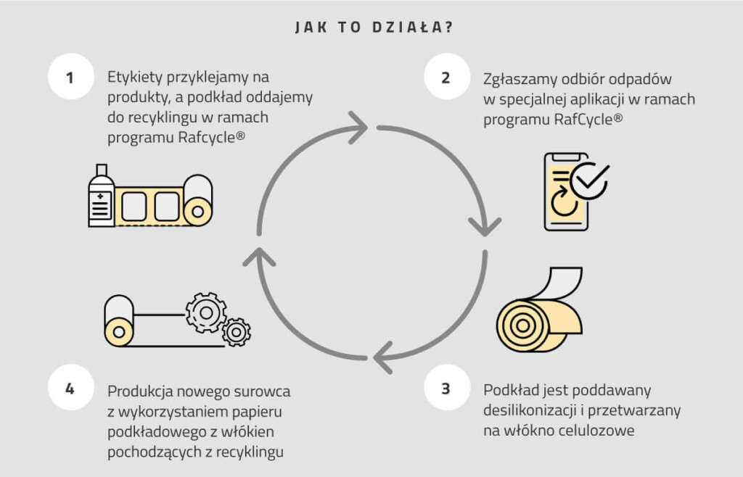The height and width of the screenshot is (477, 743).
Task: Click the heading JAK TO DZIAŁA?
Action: pyautogui.click(x=374, y=27)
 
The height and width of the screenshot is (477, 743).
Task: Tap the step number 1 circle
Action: pyautogui.click(x=71, y=76)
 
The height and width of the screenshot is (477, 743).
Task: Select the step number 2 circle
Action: pyautogui.click(x=447, y=76)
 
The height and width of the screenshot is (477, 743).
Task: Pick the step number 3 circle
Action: pyautogui.click(x=447, y=387)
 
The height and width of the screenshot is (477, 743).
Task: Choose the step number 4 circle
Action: pyautogui.click(x=71, y=387)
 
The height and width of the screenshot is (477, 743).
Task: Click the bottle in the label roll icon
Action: pyautogui.click(x=102, y=196)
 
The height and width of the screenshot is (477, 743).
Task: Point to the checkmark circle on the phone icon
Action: pyautogui.click(x=589, y=181)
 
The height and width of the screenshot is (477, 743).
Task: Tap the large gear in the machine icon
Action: pyautogui.click(x=205, y=312)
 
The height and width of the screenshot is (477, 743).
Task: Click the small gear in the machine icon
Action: pyautogui.click(x=236, y=332)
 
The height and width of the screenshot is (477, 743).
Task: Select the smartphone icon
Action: pyautogui.click(x=566, y=191)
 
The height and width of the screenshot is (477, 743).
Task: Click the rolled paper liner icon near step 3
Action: pyautogui.click(x=539, y=310)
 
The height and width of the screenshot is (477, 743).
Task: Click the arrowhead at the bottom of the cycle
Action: pyautogui.click(x=383, y=358)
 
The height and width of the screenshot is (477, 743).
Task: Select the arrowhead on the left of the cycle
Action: pyautogui.click(x=259, y=257)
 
